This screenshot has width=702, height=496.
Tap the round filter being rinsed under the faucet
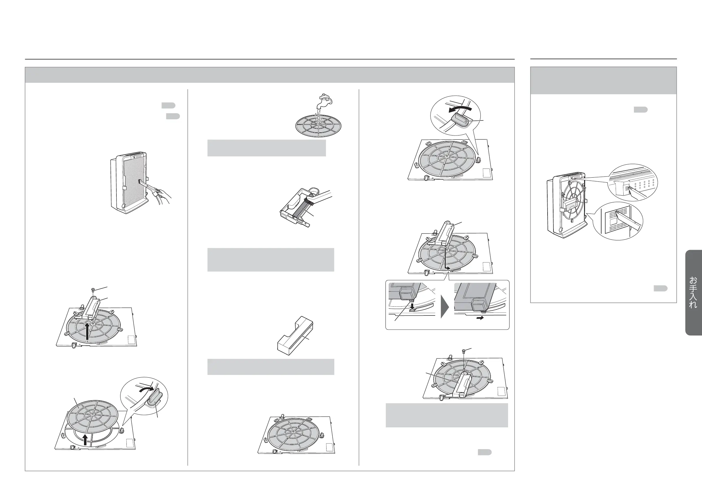[x=318, y=125]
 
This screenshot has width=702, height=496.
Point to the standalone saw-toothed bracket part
[x=295, y=335]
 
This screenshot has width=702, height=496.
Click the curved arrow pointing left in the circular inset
[x=460, y=109]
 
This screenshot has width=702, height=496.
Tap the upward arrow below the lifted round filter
[x=85, y=439]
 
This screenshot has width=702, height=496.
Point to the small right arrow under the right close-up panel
[x=480, y=318]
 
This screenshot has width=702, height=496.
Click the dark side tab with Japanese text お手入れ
[x=693, y=292]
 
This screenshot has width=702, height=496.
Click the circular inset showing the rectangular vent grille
[x=618, y=221]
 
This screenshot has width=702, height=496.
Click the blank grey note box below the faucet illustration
[x=267, y=148]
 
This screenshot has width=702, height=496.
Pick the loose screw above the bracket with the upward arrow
[x=93, y=290]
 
